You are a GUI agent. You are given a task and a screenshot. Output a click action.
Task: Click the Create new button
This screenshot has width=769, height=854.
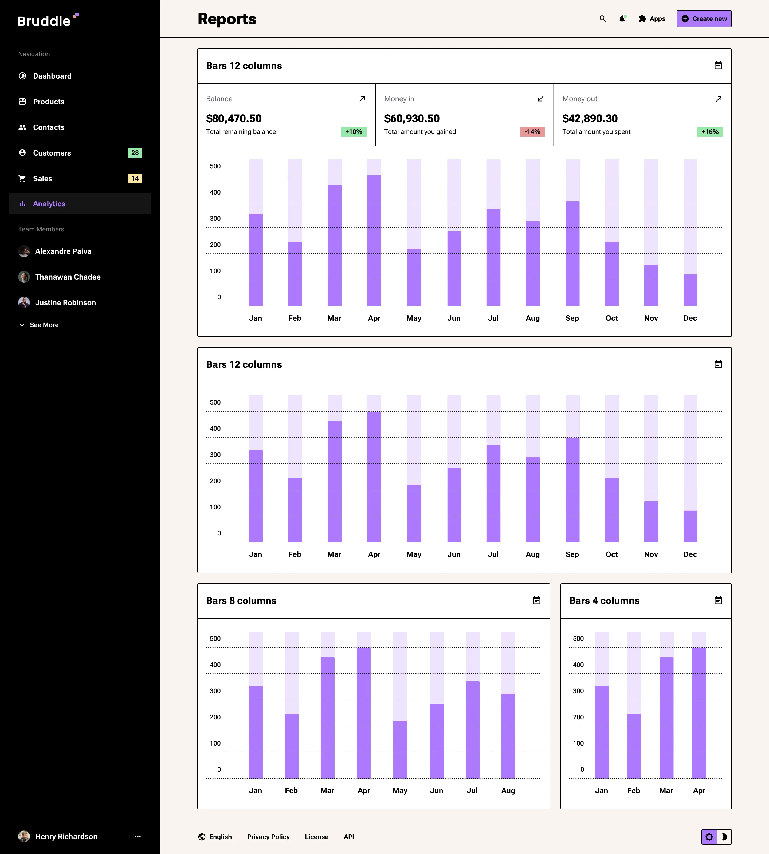(704, 19)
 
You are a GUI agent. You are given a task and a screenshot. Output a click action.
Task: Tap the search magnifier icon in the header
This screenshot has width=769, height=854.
(603, 19)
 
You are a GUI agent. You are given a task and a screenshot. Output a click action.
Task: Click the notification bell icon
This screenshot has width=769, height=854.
(622, 19)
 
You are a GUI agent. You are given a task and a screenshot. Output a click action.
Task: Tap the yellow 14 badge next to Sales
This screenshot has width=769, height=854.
(135, 178)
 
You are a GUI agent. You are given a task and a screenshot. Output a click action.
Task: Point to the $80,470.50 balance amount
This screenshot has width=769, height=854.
(234, 118)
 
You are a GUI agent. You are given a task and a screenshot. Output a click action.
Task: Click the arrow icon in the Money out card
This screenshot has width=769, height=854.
(718, 99)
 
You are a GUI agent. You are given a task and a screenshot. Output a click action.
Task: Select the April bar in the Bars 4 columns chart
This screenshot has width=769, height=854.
(699, 712)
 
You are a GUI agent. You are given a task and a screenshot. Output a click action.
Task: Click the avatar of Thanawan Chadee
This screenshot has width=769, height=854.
(24, 277)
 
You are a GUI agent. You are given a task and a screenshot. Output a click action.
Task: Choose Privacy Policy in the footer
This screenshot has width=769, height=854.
(268, 837)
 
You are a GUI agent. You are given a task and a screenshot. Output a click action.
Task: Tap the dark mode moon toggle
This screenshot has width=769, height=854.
(724, 837)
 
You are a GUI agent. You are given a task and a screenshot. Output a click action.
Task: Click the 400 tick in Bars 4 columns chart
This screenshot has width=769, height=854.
(578, 665)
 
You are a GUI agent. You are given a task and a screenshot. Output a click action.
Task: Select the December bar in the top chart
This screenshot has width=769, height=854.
(690, 290)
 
